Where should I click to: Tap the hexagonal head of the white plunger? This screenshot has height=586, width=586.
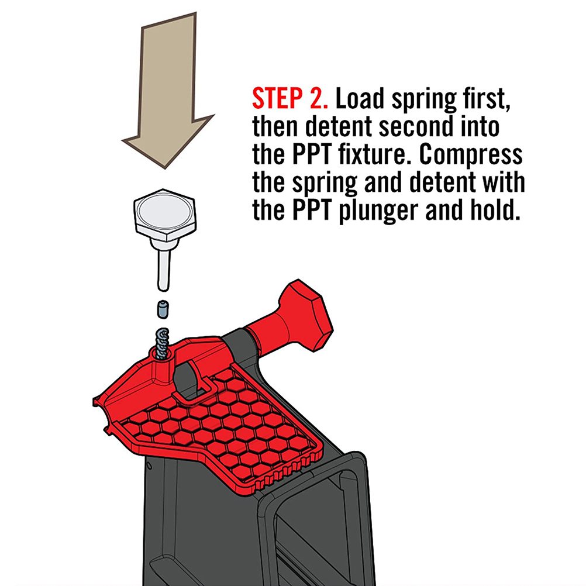coord(164,214)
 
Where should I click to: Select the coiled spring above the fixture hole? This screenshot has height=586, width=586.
coord(162,343)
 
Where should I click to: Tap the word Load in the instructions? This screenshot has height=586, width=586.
coord(360,99)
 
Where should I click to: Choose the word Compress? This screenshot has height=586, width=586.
coord(471,155)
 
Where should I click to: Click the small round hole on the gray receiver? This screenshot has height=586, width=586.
coord(149,466)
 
